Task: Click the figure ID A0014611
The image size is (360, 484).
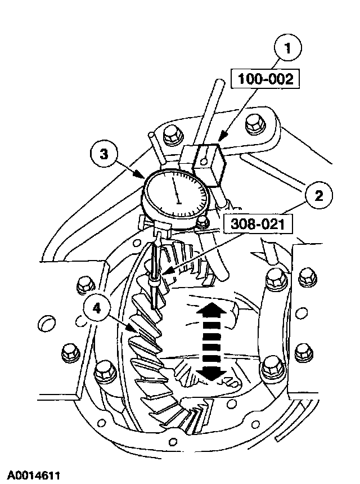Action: pos(34,474)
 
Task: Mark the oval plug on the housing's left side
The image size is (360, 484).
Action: pos(49,324)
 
